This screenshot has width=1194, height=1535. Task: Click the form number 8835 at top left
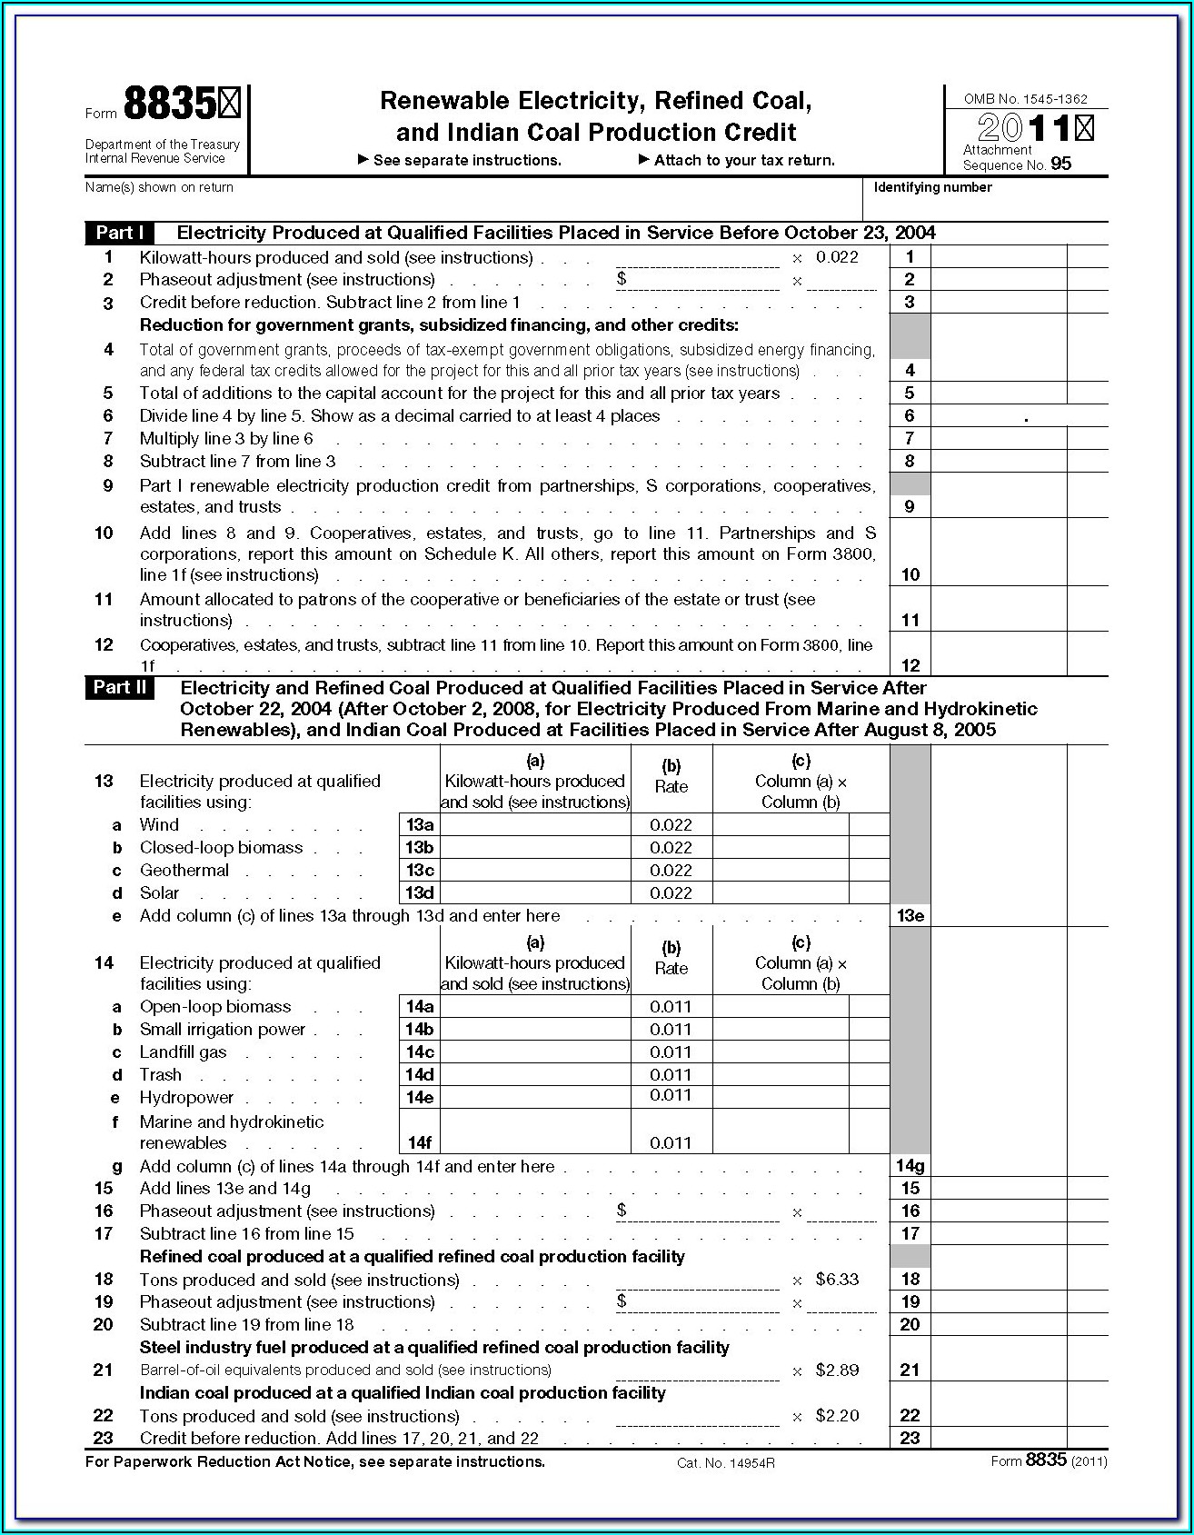[x=170, y=105]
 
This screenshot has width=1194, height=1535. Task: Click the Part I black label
[x=119, y=233]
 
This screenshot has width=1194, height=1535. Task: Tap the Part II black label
[x=119, y=687]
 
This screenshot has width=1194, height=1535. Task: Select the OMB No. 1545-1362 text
[x=1025, y=99]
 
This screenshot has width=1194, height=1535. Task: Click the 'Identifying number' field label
[x=932, y=187]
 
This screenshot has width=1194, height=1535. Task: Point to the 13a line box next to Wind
[x=419, y=825]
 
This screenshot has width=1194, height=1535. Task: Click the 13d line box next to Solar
[x=419, y=893]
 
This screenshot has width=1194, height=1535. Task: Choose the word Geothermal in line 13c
[x=184, y=871]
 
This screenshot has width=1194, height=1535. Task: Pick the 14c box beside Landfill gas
[x=419, y=1052]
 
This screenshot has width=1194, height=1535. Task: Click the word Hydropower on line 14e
[x=186, y=1098]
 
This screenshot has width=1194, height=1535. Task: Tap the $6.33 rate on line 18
[x=837, y=1280]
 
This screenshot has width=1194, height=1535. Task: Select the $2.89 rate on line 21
[x=837, y=1371]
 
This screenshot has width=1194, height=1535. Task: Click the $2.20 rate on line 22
[x=837, y=1416]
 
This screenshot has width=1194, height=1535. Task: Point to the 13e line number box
[x=910, y=916]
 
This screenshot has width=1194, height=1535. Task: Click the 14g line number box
[x=910, y=1166]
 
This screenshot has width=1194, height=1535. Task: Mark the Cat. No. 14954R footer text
[x=725, y=1463]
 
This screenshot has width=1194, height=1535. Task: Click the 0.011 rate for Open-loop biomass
[x=671, y=1007]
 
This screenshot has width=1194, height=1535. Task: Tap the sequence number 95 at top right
[x=1060, y=164]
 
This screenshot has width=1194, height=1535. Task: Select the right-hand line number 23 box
[x=910, y=1439]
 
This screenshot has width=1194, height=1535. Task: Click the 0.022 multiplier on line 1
[x=837, y=257]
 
